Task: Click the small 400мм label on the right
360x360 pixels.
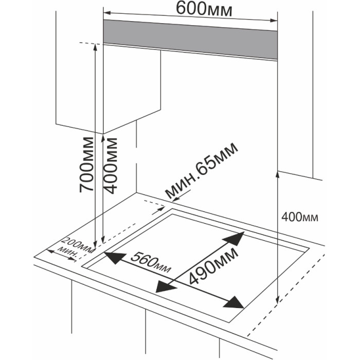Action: tap(300, 217)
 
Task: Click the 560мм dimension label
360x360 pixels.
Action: tap(150, 262)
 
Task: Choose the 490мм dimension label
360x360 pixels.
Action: tap(213, 264)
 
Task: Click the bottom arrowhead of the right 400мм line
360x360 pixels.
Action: tap(278, 300)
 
